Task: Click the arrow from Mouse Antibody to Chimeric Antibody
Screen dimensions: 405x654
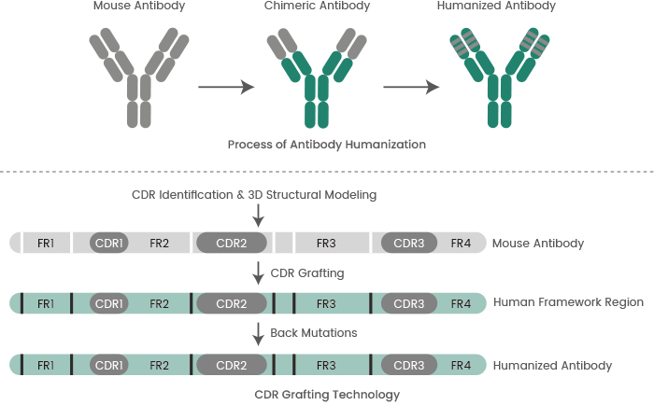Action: tap(226, 87)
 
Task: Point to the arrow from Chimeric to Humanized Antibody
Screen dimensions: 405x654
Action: tap(411, 87)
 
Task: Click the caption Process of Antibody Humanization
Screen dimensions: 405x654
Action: tap(327, 145)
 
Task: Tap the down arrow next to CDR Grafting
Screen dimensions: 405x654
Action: tap(259, 273)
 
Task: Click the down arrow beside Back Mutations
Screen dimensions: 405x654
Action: tap(259, 333)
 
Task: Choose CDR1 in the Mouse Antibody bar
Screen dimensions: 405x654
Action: tap(110, 244)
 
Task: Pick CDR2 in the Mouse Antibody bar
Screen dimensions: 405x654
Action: tap(231, 244)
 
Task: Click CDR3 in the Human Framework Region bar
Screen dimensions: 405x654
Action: tap(409, 303)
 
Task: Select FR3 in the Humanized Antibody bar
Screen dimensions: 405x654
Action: tap(326, 364)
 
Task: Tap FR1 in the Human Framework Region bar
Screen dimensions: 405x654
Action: tap(46, 303)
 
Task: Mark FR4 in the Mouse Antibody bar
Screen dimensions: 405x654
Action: tap(461, 244)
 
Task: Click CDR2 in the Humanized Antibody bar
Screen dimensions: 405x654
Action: tap(231, 364)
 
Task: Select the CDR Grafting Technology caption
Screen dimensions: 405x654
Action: tap(327, 394)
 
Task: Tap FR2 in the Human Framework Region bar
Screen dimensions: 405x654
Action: tap(159, 303)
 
